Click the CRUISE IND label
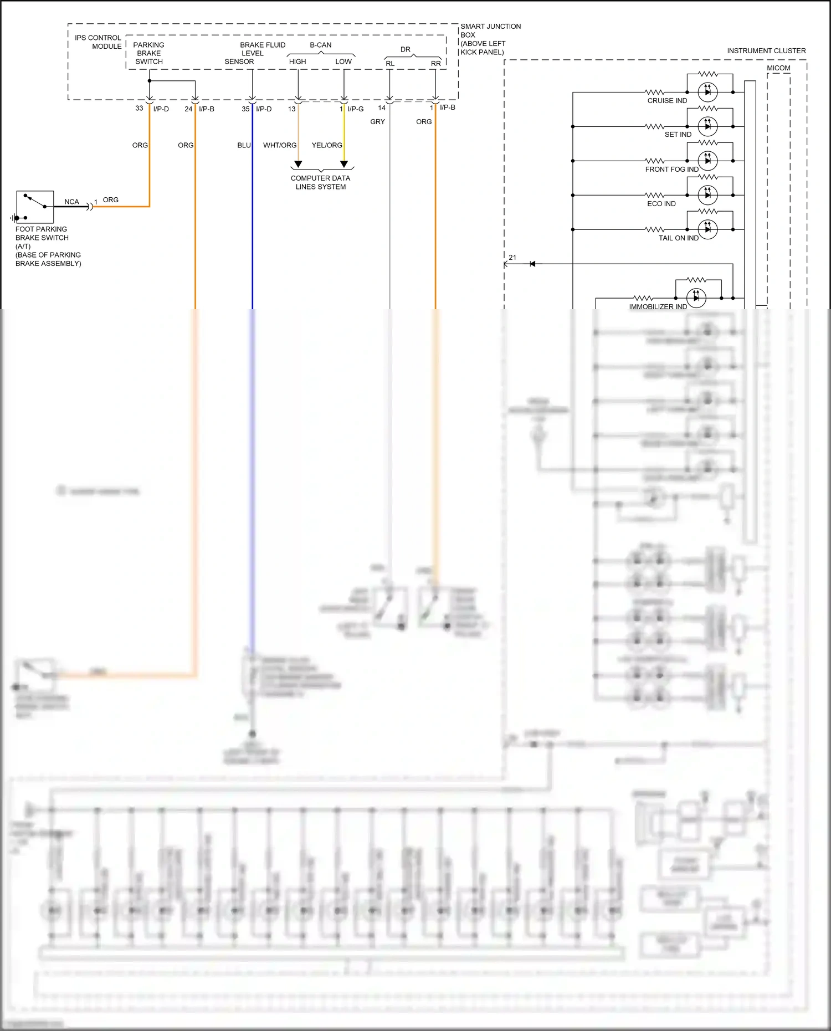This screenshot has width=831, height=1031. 667,101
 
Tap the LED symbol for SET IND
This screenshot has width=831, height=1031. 707,126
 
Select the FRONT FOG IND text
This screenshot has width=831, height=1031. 671,170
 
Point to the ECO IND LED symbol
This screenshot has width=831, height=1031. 707,195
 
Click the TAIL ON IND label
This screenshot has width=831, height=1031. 678,238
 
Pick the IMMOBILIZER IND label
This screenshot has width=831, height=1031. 658,307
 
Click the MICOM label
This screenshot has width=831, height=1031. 778,68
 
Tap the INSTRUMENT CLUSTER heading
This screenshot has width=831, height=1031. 766,51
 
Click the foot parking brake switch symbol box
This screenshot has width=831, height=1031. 35,207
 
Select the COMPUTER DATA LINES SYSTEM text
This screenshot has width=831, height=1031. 320,182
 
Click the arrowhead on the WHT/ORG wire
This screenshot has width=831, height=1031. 298,164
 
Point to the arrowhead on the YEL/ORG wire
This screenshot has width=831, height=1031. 344,164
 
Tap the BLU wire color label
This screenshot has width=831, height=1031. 244,145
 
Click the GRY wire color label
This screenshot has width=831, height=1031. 377,122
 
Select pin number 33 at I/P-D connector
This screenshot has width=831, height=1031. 139,109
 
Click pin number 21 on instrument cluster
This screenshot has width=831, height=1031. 512,258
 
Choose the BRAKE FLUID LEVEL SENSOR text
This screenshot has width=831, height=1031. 255,53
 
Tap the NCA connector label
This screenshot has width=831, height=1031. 71,202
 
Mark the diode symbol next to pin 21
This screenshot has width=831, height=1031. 532,264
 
